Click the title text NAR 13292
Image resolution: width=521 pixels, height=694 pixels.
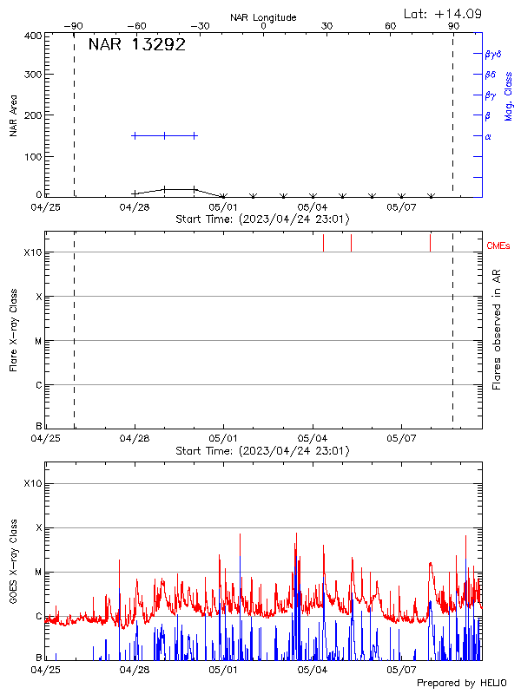pos(136,46)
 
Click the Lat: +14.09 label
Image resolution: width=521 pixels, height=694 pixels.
pos(444,13)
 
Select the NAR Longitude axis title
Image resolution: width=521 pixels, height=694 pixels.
pos(263,16)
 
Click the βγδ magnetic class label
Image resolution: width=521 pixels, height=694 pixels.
pos(491,54)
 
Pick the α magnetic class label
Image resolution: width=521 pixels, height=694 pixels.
pos(488,136)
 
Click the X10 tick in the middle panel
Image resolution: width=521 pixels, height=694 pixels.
pos(33,252)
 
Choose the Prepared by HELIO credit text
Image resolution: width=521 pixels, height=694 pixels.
pos(461,684)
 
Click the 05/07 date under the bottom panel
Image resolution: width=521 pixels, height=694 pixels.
pos(402,669)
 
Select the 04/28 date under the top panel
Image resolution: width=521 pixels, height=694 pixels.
pos(135,207)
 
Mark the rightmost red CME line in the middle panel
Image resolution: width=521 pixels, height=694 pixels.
pos(430,242)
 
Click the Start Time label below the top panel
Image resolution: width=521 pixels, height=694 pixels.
pos(262,219)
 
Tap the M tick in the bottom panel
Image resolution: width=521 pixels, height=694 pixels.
pos(38,573)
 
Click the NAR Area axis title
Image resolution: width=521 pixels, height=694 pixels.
pos(14,116)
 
